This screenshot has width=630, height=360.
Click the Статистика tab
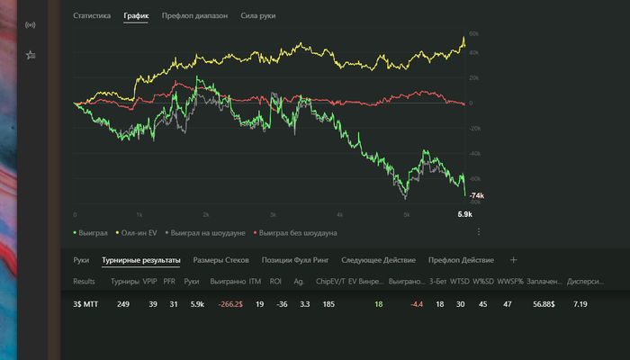pos(92,16)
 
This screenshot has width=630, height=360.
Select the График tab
pos(136,16)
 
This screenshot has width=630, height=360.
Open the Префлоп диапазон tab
pos(194,16)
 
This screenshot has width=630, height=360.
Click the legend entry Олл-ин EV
pos(139,232)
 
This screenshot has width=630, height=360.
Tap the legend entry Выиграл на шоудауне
pos(207,232)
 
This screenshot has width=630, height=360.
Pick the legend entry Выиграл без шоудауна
pos(298,232)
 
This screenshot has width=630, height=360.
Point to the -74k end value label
pos(476,195)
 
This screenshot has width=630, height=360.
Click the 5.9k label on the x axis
pos(465,214)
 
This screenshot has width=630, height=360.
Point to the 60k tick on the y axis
pos(473,34)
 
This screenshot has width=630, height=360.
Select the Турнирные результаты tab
pos(141,260)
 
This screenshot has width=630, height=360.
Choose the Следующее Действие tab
pos(378,260)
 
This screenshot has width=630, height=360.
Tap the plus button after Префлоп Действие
pos(514,260)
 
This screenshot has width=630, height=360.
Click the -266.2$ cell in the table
pos(226,304)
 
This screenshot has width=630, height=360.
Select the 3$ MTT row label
pos(85,304)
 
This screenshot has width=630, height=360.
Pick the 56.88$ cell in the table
pos(544,304)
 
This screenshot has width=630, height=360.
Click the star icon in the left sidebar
pos(31,54)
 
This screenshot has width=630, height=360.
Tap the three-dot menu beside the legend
pos(479,232)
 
